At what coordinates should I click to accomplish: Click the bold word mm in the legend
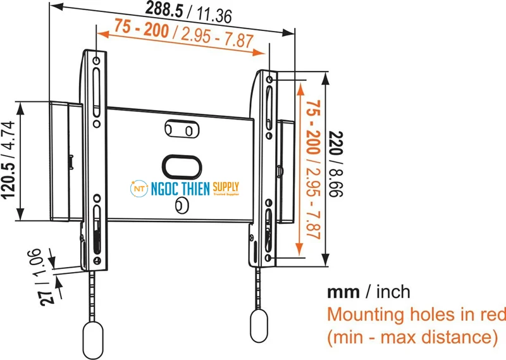point(342,292)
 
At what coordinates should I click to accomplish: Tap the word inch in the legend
point(393,292)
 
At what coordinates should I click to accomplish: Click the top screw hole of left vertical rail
point(96,61)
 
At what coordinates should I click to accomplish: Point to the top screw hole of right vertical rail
point(270,80)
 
